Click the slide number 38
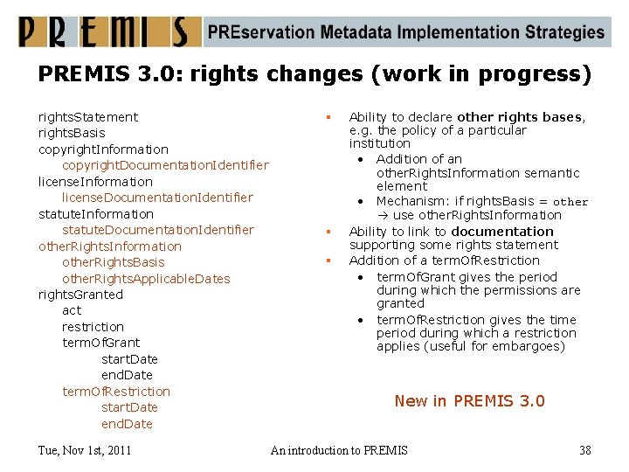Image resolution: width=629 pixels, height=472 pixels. pyautogui.click(x=585, y=450)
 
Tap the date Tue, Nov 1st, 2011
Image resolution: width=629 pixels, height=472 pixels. pyautogui.click(x=85, y=450)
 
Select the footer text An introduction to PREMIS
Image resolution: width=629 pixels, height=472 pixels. pyautogui.click(x=339, y=450)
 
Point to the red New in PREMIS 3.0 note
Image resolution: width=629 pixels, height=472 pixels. pyautogui.click(x=469, y=401)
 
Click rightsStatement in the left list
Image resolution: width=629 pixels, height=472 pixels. pyautogui.click(x=88, y=117)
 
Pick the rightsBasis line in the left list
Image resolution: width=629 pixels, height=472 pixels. pyautogui.click(x=72, y=133)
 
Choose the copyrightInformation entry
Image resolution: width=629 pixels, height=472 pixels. pyautogui.click(x=103, y=149)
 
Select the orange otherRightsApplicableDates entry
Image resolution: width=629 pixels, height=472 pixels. pyautogui.click(x=146, y=279)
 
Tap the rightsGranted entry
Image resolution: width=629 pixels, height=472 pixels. pyautogui.click(x=80, y=295)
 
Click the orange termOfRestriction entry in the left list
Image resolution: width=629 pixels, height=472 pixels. pyautogui.click(x=116, y=392)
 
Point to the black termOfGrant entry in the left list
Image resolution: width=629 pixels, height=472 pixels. pyautogui.click(x=100, y=343)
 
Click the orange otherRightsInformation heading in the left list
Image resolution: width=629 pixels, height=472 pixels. pyautogui.click(x=110, y=246)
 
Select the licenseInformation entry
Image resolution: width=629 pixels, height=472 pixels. pyautogui.click(x=95, y=182)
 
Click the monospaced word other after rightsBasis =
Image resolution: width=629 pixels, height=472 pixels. pyautogui.click(x=570, y=202)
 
